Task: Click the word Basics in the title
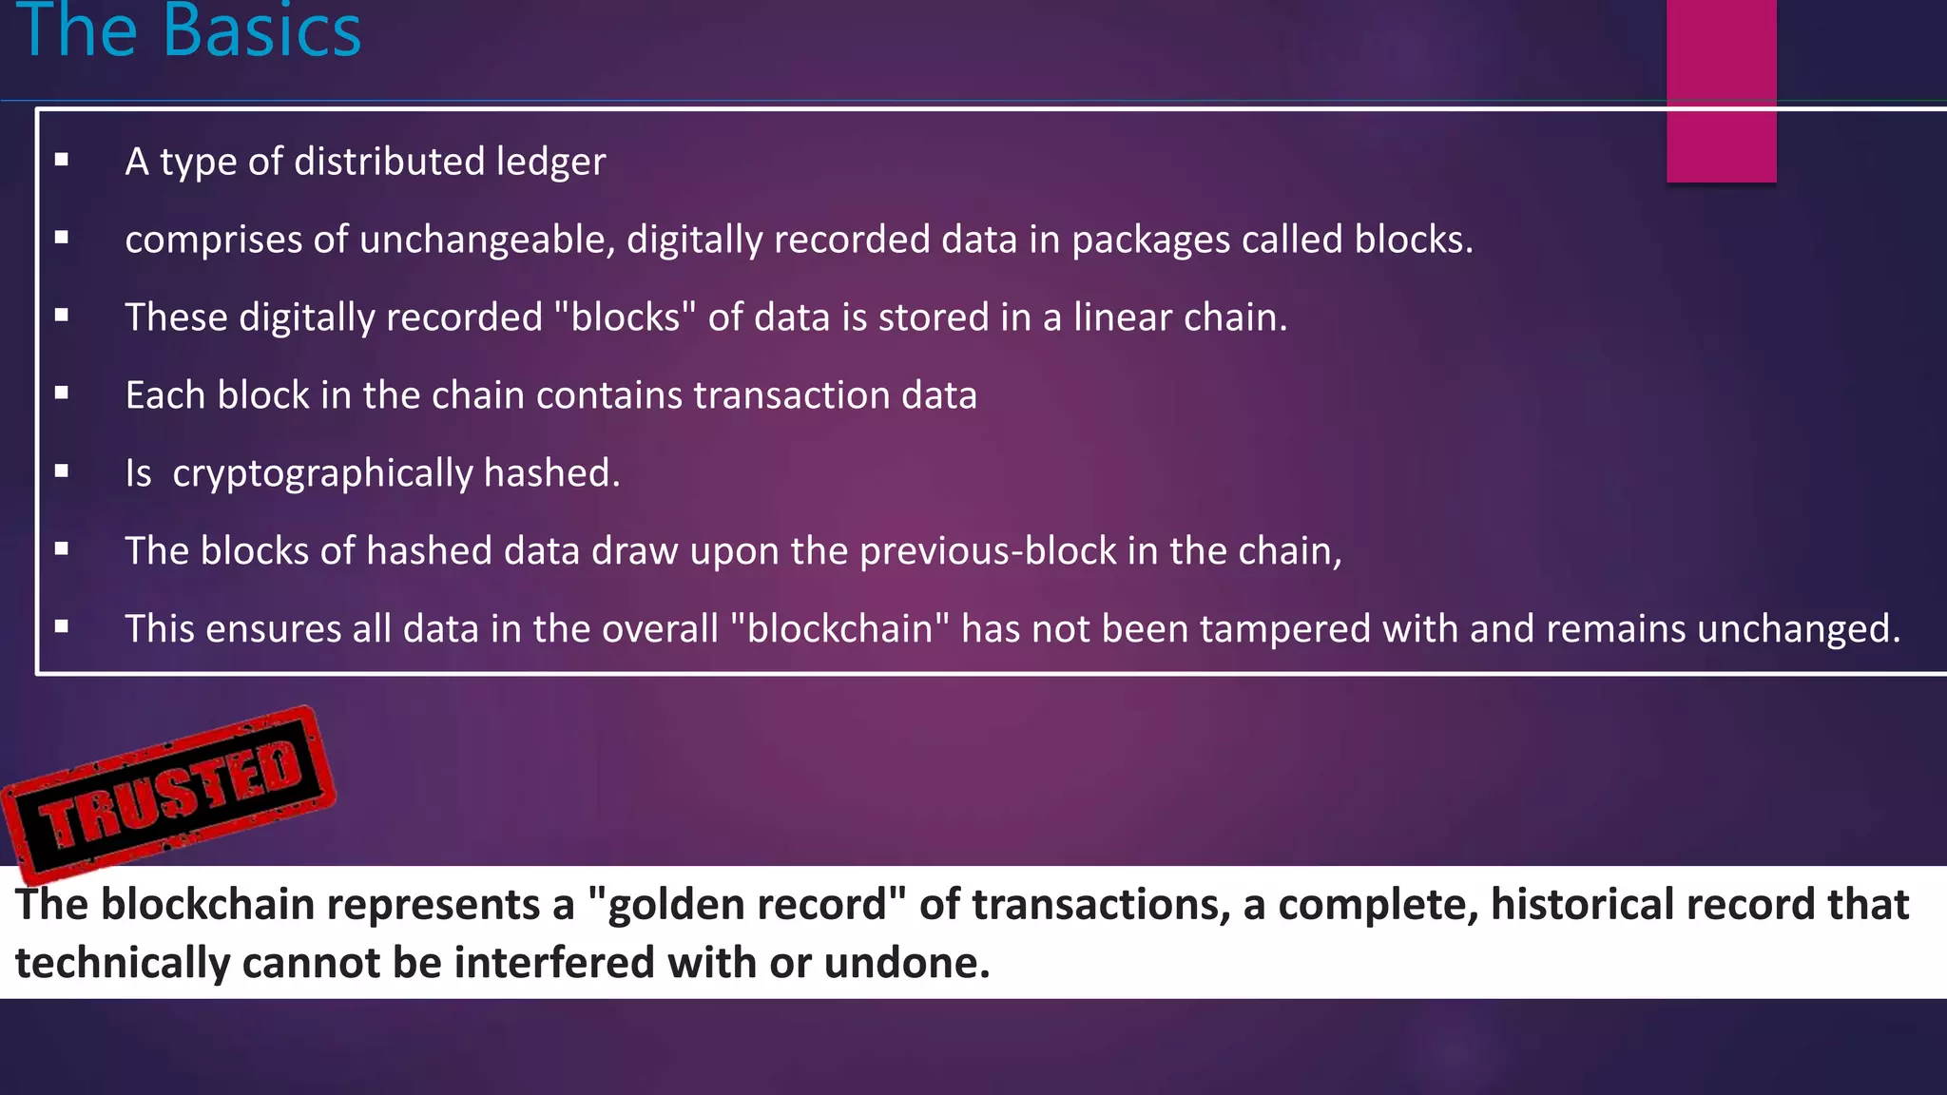pos(261,30)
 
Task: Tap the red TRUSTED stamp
pos(169,793)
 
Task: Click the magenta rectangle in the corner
pos(1721,90)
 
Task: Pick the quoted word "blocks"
pos(626,317)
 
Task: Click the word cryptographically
pos(322,473)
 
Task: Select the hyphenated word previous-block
pos(988,551)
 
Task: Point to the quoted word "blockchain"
pos(840,629)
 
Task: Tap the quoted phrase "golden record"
pos(747,904)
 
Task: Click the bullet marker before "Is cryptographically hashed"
pos(62,471)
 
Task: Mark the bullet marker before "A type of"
pos(62,160)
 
